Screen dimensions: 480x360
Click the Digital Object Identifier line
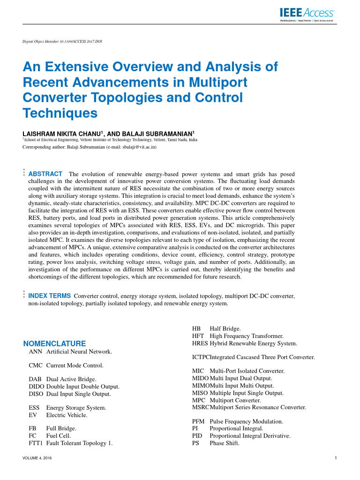pos(62,41)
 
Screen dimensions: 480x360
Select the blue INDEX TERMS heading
pos(50,296)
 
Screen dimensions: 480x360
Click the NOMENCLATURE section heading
pos(54,344)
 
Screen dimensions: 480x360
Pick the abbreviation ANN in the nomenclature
pos(36,352)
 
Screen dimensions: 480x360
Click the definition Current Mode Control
pos(75,365)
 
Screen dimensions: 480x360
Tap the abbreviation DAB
pos(36,379)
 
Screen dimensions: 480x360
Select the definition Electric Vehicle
pos(67,415)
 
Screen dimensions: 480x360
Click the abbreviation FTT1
pos(36,442)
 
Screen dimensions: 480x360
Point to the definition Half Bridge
pos(225,329)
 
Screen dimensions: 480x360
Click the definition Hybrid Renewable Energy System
pos(254,344)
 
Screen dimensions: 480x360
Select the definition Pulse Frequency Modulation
pos(246,421)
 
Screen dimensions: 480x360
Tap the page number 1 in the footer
pos(336,457)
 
